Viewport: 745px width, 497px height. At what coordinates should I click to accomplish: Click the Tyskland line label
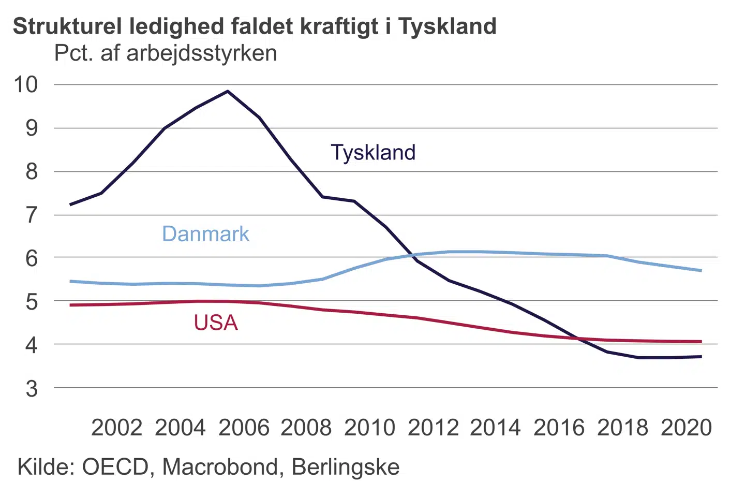373,153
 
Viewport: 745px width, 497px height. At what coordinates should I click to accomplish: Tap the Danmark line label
205,234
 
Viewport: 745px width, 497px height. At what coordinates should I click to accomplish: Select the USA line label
216,323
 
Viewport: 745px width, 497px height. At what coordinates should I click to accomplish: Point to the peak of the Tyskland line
228,92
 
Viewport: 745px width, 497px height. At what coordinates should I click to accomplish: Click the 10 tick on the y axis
26,84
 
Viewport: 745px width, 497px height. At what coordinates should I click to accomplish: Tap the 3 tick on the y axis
32,388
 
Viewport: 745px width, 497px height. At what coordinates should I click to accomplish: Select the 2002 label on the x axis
116,428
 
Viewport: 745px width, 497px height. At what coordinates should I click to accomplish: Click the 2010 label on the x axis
369,428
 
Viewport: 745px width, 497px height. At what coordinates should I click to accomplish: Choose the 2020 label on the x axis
686,428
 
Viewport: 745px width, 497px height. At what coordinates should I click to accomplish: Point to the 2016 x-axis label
559,428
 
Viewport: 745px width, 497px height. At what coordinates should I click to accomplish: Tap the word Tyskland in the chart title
447,26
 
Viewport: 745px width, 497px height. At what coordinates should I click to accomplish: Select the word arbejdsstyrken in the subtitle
202,53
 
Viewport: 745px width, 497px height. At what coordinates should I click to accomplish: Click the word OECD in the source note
115,467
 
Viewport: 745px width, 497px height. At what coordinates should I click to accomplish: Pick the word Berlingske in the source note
346,467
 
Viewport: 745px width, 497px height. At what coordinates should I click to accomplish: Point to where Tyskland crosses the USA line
578,339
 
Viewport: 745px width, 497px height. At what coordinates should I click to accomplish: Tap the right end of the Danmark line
701,270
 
